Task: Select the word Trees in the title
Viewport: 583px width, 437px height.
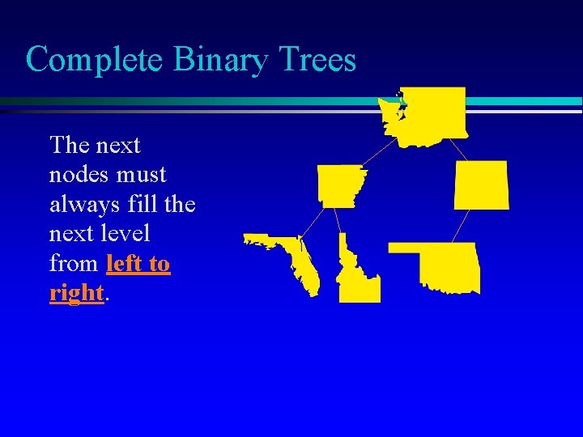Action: click(317, 60)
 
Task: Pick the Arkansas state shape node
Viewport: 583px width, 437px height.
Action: click(341, 185)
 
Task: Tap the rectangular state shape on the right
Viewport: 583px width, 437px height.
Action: click(482, 185)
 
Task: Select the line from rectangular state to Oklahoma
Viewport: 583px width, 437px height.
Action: click(461, 226)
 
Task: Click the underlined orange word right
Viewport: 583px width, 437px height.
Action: click(77, 293)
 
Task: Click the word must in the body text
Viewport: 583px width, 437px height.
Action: click(141, 175)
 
